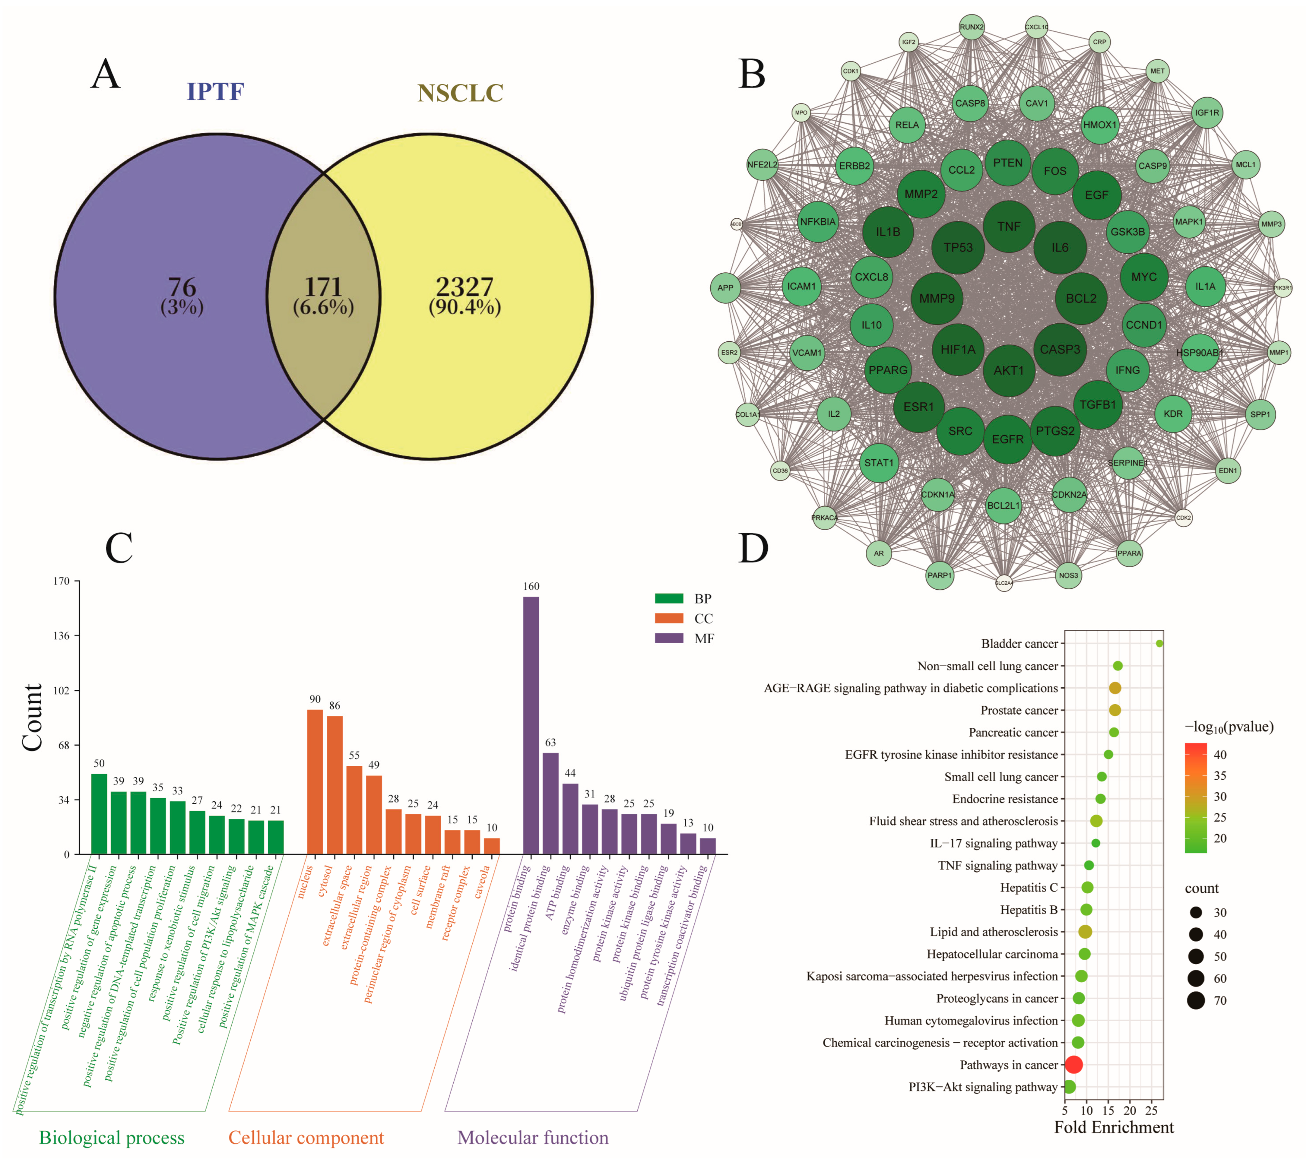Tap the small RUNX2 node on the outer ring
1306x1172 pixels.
tap(971, 27)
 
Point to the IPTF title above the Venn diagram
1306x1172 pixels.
tap(215, 92)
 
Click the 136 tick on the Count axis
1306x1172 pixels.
tap(61, 635)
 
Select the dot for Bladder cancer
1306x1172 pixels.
tap(1159, 643)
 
